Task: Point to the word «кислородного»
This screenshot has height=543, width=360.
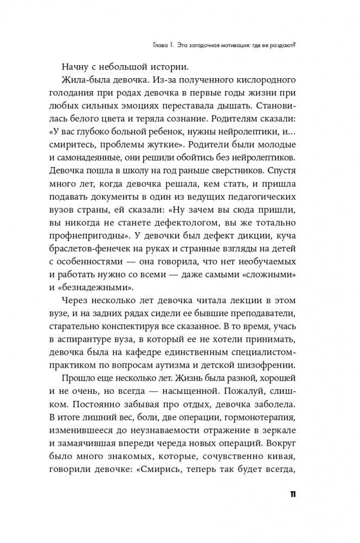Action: point(261,81)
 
